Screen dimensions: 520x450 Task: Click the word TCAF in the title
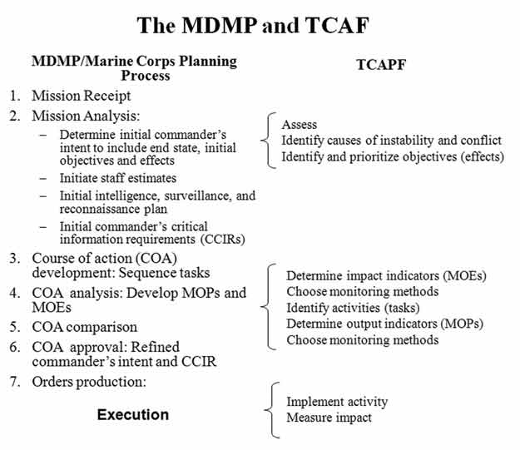click(x=337, y=25)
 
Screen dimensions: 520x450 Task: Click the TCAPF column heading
click(x=381, y=65)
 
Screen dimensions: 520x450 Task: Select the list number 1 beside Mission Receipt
click(x=15, y=96)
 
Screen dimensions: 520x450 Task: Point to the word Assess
click(x=300, y=125)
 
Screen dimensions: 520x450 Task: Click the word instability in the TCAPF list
click(x=407, y=141)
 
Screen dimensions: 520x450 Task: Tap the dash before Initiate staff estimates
click(x=43, y=178)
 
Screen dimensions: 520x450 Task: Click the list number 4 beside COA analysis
click(x=15, y=293)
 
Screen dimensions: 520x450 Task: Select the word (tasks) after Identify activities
click(x=402, y=308)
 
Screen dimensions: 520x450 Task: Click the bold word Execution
click(x=133, y=414)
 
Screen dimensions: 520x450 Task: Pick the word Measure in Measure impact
click(x=306, y=418)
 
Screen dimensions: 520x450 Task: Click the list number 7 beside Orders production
click(x=15, y=382)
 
